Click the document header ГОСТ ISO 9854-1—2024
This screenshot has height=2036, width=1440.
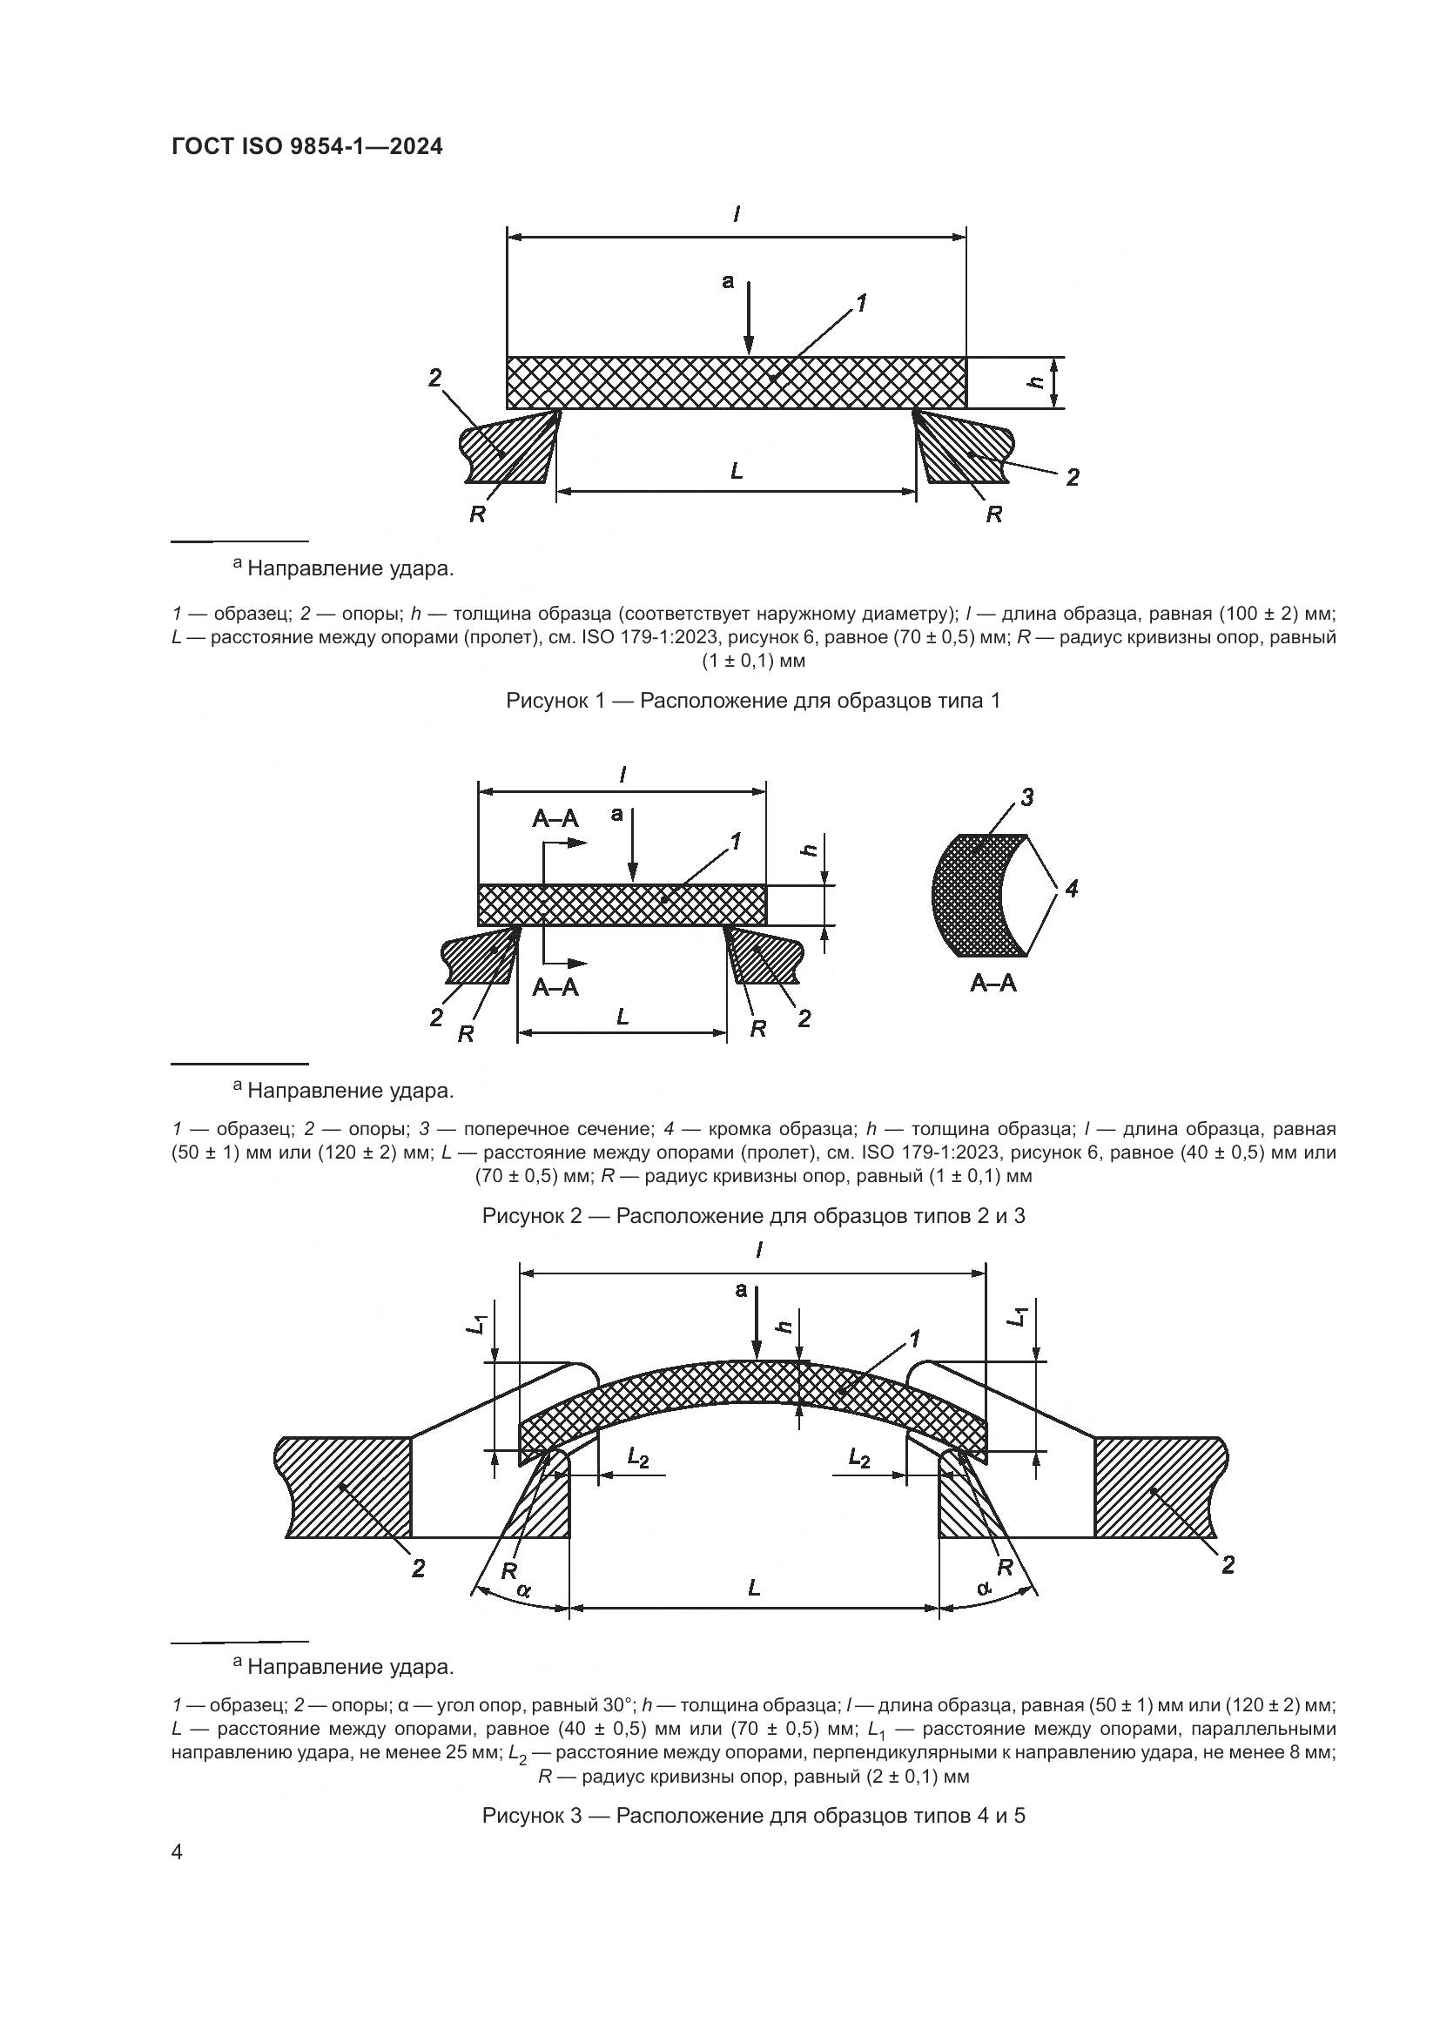coord(306,147)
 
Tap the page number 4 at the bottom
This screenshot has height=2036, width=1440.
coord(178,1852)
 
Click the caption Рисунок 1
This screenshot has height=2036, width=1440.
coord(753,701)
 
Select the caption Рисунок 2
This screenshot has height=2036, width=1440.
coord(753,1216)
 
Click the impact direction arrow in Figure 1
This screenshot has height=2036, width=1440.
coord(749,319)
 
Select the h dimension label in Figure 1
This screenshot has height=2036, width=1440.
coord(1034,381)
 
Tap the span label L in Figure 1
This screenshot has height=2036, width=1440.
coord(736,472)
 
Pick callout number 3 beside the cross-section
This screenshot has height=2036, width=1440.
coord(1026,797)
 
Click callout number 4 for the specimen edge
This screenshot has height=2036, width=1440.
coord(1071,888)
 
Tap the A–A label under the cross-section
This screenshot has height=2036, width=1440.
coord(993,983)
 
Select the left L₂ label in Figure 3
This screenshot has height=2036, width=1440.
coord(637,1457)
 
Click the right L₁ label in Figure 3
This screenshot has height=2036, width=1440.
coord(1019,1318)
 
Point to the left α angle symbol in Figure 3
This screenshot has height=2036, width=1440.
coord(524,1591)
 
